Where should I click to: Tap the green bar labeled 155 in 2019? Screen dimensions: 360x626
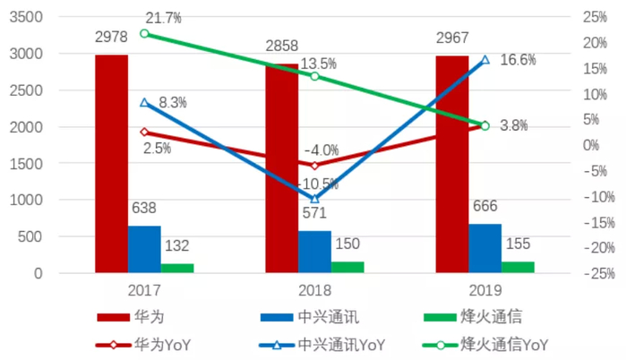click(x=518, y=267)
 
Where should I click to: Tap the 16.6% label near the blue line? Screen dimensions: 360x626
click(x=517, y=60)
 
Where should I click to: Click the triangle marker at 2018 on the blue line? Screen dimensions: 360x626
click(x=314, y=199)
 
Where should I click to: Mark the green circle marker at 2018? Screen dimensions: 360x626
click(x=314, y=76)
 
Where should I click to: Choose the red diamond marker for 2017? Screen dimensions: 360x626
click(x=145, y=132)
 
